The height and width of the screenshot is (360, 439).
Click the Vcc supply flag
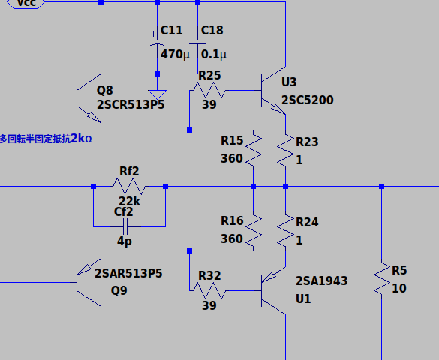26,4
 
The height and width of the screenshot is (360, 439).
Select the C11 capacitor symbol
157,43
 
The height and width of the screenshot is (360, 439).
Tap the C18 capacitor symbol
197,42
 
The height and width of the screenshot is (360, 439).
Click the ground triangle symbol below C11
157,94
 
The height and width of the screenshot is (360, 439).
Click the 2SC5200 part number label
308,100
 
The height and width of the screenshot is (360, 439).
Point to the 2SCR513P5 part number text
131,105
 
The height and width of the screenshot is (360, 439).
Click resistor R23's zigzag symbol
286,151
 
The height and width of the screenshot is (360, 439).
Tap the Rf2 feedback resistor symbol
129,186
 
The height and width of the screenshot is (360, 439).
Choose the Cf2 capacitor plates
125,226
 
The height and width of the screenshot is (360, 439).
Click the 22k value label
129,202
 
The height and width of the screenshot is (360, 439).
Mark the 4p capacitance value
125,241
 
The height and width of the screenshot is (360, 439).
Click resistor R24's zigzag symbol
286,231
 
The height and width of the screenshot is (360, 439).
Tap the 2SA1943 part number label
322,280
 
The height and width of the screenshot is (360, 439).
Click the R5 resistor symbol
382,278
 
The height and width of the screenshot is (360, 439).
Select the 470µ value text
175,55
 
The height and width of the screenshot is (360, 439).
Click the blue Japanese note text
46,139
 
